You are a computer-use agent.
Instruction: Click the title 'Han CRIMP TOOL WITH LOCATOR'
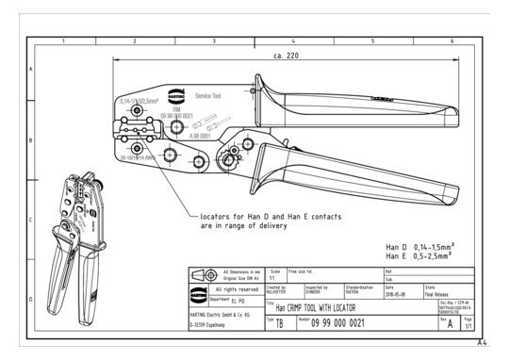[329, 307]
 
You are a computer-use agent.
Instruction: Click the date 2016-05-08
[397, 292]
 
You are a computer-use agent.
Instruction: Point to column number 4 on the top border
[293, 41]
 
